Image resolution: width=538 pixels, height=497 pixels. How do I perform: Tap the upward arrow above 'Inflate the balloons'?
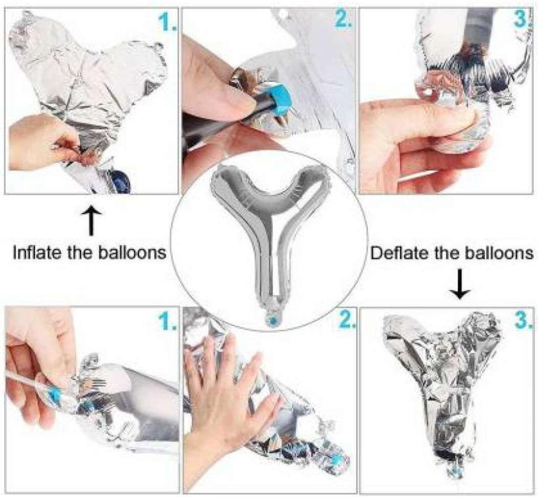point(91,221)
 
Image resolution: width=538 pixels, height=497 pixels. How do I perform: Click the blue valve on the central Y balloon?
point(274,321)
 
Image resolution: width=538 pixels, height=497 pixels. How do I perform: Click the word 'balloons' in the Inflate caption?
point(132,253)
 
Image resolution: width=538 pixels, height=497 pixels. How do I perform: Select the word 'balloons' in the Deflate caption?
point(499,253)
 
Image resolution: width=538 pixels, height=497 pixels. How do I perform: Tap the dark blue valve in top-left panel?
point(122,180)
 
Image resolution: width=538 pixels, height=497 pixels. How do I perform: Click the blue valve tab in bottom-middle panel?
point(336,459)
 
